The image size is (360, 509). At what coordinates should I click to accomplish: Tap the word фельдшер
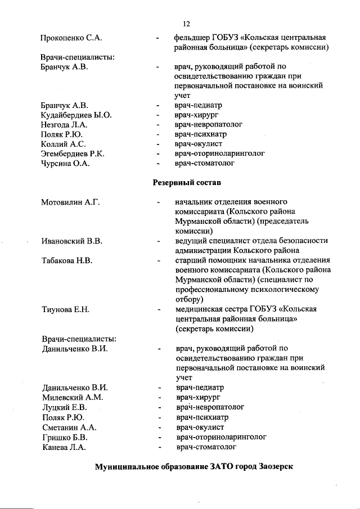click(x=191, y=38)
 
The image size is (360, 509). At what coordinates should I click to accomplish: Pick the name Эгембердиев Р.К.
click(x=73, y=154)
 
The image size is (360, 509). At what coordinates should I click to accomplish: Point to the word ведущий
click(x=190, y=241)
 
